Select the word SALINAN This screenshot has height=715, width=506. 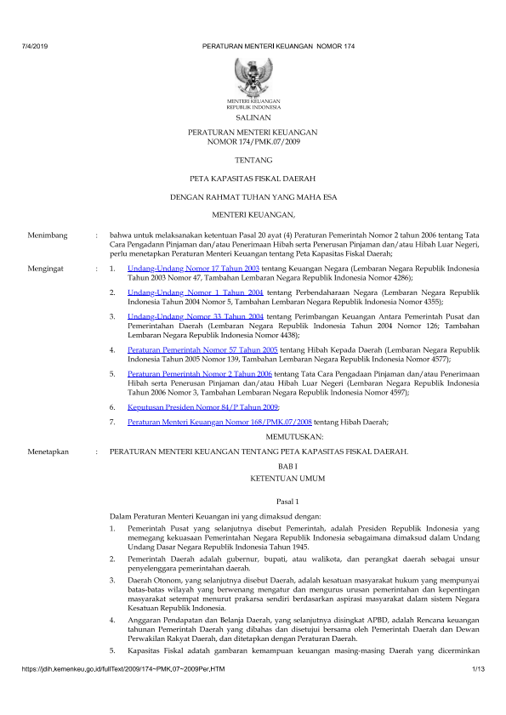tap(253, 120)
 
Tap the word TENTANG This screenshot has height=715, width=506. tap(253, 160)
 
